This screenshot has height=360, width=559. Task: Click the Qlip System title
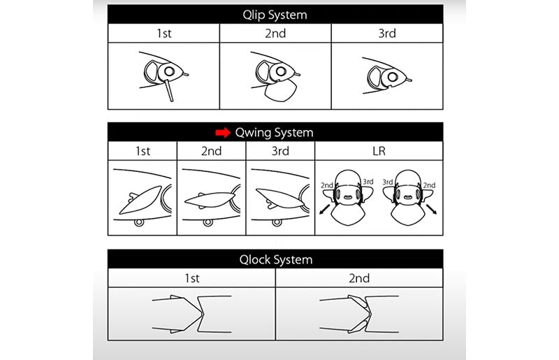[275, 15]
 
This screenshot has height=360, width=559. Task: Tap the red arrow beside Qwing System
[223, 133]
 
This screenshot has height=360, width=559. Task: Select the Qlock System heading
[276, 259]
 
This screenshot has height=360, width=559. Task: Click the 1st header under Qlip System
[164, 33]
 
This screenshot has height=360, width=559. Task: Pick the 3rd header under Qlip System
[387, 33]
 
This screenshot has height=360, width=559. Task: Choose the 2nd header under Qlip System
[275, 33]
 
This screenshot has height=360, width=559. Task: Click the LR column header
[379, 151]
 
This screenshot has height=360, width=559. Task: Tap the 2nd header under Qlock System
[359, 278]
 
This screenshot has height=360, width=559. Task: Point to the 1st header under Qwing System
[143, 151]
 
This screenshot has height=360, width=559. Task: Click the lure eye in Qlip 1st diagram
[169, 71]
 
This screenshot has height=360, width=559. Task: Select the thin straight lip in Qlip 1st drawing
[168, 91]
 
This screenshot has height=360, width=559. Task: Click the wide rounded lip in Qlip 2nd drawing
[282, 91]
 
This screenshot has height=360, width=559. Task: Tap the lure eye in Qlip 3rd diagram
[393, 77]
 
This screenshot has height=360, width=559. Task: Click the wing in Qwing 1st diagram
[140, 200]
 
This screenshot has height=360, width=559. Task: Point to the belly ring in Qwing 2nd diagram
[208, 222]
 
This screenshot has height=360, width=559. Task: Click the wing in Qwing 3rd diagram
[280, 198]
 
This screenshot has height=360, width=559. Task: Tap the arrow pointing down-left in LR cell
[324, 209]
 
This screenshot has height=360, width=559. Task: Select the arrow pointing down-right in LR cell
[431, 209]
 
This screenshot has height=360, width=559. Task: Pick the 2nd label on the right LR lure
[429, 185]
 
